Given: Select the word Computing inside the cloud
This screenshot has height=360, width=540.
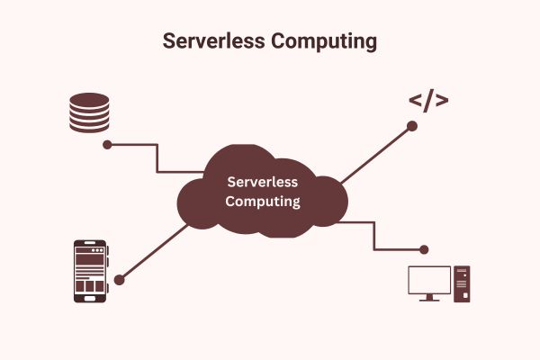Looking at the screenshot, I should [262, 202].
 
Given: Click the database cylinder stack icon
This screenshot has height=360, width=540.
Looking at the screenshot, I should [89, 112].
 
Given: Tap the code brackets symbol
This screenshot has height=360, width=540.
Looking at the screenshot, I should [428, 100].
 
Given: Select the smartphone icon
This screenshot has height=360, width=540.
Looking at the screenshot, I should [90, 271].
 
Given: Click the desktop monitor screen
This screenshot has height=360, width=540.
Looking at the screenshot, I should [429, 281].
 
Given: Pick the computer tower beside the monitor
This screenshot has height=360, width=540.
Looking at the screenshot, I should [462, 283].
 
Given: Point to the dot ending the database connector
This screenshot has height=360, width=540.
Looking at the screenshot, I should [107, 144].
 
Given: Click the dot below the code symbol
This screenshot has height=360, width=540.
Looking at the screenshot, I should [412, 126].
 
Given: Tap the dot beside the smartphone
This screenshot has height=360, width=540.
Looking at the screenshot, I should [119, 280].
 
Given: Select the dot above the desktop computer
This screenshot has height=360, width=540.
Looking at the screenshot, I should [423, 248].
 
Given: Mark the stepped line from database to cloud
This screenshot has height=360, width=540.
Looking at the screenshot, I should [157, 157].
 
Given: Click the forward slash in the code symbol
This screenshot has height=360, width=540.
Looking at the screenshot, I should [428, 100].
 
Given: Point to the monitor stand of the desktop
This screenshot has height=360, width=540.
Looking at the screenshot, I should [429, 298].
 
